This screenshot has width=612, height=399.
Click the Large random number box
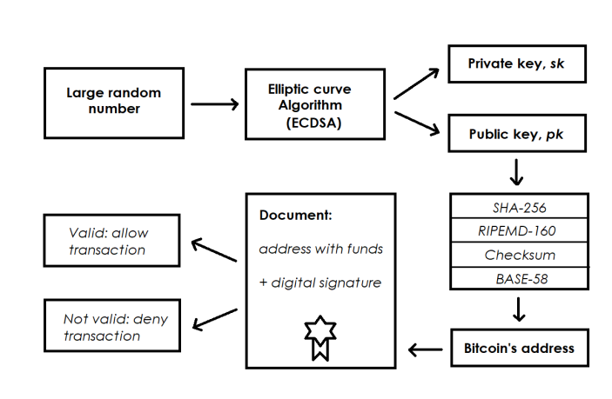click(x=114, y=103)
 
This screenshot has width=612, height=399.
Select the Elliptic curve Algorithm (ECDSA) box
click(x=315, y=104)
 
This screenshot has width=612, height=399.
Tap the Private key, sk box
click(x=517, y=64)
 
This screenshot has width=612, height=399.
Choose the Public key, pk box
click(x=517, y=133)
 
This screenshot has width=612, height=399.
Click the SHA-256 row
click(x=519, y=207)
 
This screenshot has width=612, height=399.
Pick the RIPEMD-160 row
click(x=519, y=230)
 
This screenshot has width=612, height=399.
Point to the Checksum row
click(x=519, y=255)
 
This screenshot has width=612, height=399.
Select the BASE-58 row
click(x=519, y=278)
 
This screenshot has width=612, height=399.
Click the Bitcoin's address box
click(x=520, y=348)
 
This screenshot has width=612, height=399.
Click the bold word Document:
click(x=295, y=215)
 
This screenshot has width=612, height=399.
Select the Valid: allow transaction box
click(x=112, y=241)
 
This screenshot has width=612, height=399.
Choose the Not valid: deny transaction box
click(x=112, y=326)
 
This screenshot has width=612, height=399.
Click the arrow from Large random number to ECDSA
click(x=215, y=104)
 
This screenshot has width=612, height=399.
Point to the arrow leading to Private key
click(x=416, y=83)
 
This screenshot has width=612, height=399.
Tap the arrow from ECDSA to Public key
click(x=417, y=123)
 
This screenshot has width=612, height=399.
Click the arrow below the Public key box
click(x=516, y=172)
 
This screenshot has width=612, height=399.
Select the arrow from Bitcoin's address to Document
click(x=426, y=349)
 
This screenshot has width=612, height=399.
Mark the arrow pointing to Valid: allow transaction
click(x=214, y=249)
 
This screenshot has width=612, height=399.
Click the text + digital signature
click(x=320, y=283)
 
